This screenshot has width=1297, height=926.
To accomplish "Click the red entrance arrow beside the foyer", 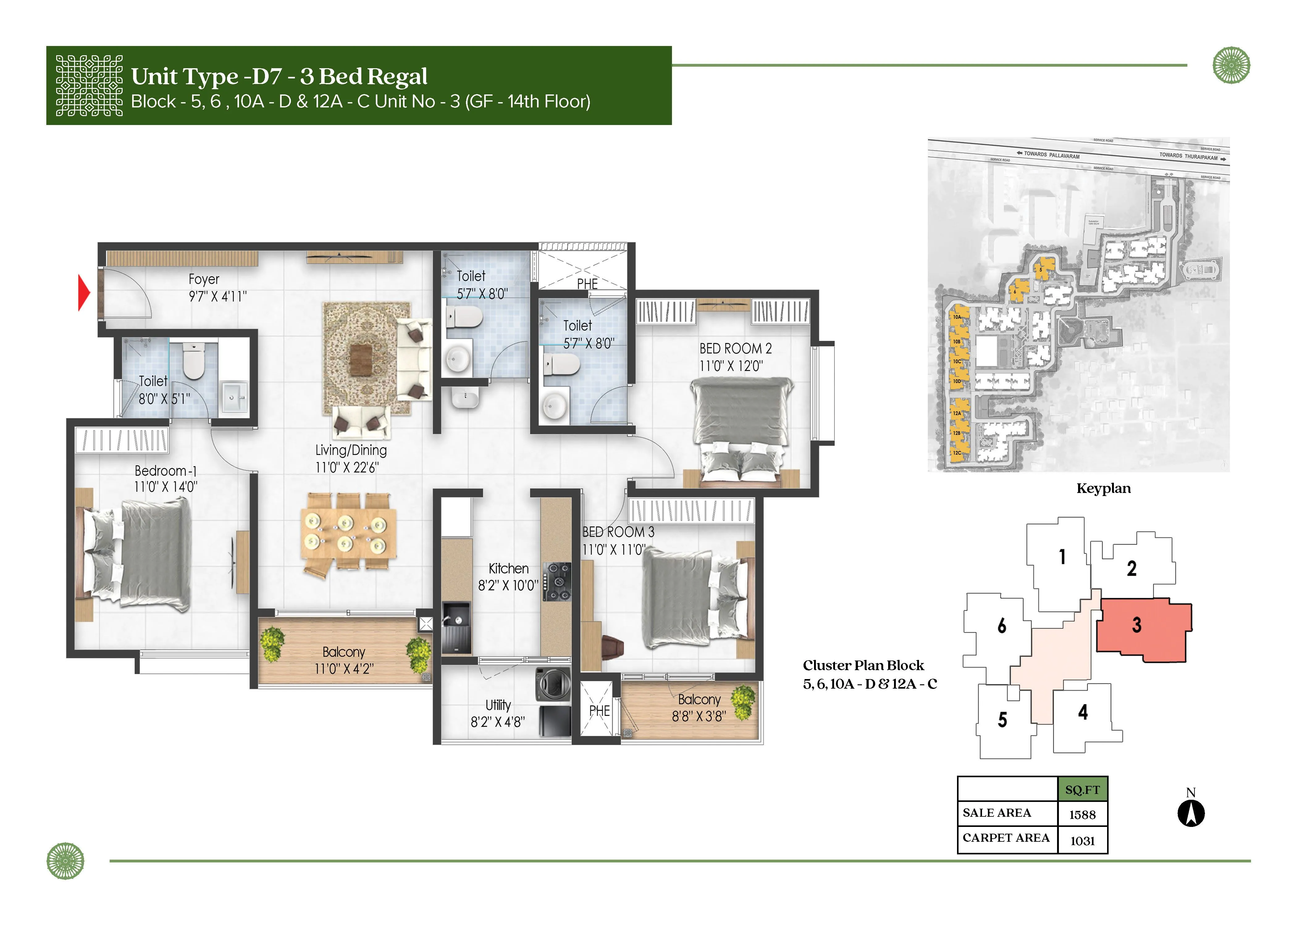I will pos(84,293).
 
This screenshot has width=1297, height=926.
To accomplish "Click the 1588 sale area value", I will pos(1082,814).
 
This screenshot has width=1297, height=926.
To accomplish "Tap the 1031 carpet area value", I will pos(1082,840).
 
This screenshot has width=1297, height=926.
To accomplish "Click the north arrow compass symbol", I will pos(1191,813).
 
